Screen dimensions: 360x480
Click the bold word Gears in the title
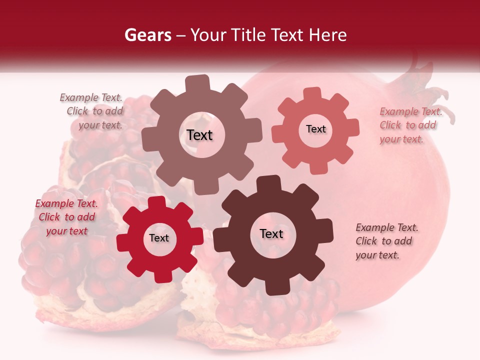point(147,35)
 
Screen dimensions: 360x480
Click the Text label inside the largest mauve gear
point(200,135)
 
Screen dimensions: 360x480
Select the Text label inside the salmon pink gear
point(315,129)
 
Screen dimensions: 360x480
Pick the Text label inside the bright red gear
point(159,238)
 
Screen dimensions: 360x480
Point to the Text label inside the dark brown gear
point(271,233)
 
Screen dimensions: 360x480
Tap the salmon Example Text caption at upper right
point(410,125)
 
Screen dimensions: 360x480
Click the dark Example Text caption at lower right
point(386,241)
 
